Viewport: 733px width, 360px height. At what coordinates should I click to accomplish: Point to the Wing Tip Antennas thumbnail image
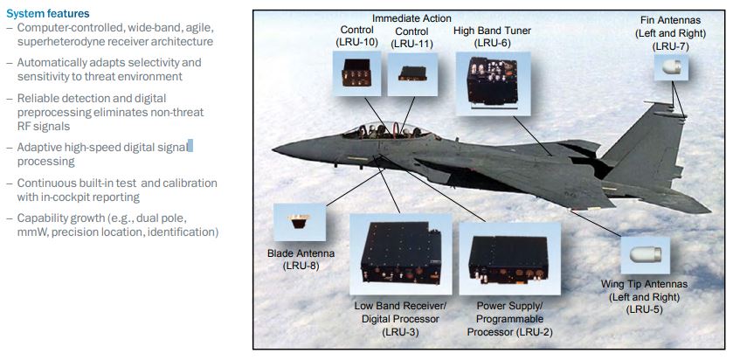pos(646,255)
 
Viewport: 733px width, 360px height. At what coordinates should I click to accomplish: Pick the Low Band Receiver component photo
pos(399,253)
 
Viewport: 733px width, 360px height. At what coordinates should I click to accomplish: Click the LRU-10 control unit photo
pos(356,74)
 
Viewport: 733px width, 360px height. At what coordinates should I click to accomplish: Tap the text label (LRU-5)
pos(646,308)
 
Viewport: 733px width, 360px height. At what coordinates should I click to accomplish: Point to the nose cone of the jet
pos(273,149)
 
